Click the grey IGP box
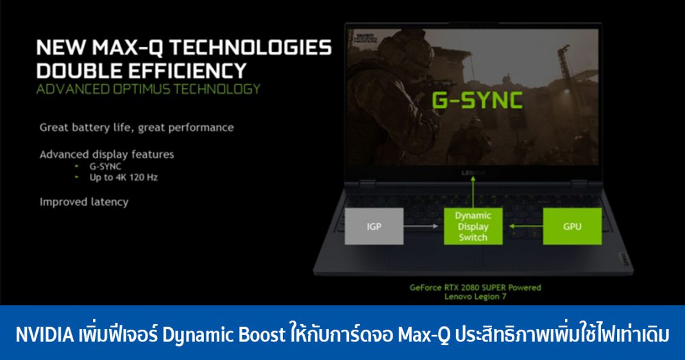375,226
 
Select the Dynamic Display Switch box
473,227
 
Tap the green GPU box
572,226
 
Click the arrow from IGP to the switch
424,226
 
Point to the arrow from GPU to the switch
522,226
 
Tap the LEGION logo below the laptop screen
473,173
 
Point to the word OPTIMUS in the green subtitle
146,89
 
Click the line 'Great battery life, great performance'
137,127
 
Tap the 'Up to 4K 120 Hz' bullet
123,177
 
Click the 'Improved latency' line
84,201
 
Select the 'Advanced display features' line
106,155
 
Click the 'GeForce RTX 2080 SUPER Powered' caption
475,287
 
